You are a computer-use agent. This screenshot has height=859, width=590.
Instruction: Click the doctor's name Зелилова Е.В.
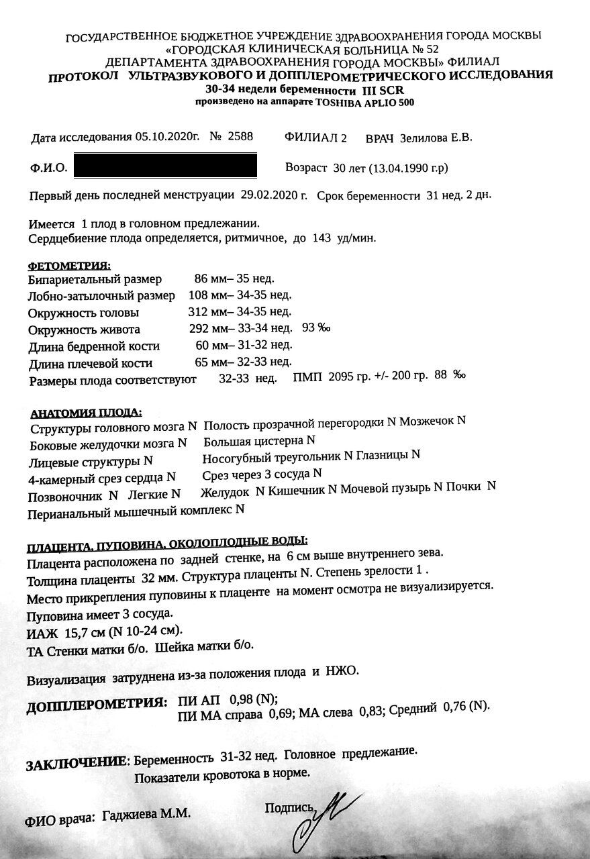(x=436, y=138)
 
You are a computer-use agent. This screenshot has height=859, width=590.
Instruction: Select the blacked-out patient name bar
(x=165, y=166)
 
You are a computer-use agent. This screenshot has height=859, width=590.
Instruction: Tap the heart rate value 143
(x=322, y=238)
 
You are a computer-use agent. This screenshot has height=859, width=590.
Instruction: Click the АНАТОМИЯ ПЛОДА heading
(x=86, y=412)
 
